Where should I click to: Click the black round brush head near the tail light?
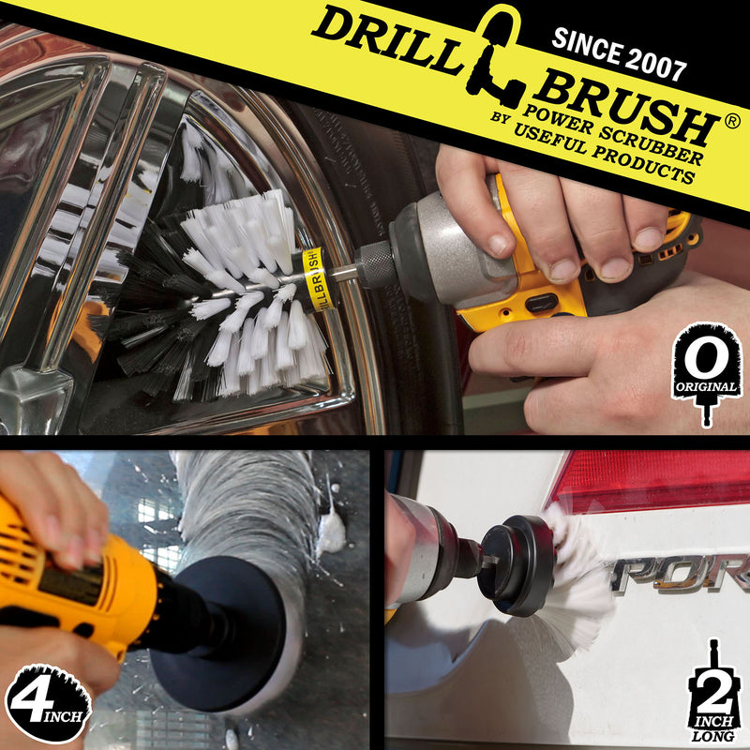click(516, 562)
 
